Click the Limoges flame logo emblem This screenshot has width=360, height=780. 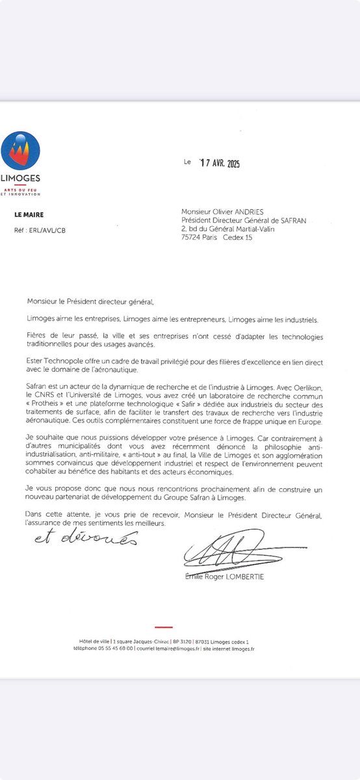coord(20,151)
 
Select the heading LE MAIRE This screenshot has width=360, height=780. coord(30,214)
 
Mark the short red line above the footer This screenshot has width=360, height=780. coord(164,627)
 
